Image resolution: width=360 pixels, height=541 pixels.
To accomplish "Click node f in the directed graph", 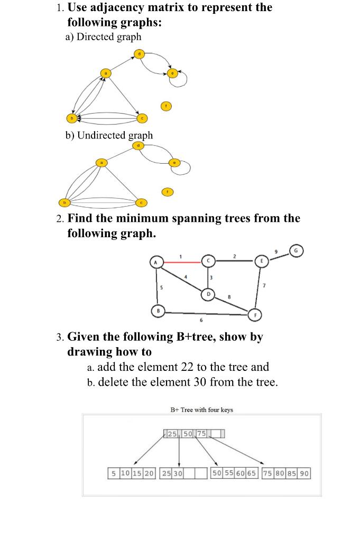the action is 167,106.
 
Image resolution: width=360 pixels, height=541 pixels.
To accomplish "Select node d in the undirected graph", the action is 139,145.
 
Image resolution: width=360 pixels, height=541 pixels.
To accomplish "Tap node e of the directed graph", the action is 172,73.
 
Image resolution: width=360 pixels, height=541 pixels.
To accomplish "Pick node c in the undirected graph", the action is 141,203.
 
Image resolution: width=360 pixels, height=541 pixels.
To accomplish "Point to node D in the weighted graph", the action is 208,293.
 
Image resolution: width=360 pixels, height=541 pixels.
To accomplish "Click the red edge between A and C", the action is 182,261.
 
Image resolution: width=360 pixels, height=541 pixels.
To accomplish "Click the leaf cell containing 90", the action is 304,473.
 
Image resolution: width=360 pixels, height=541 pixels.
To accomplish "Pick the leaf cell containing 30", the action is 178,473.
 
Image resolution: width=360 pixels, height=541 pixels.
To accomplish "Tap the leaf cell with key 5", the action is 113,473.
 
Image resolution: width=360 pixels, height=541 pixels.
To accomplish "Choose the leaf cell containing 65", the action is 252,473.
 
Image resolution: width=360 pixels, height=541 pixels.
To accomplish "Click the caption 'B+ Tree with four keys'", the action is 201,409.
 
